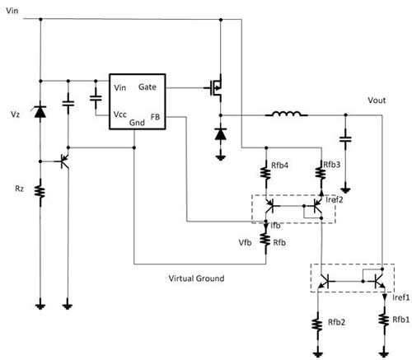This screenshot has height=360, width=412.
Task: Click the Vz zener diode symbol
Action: point(40,111)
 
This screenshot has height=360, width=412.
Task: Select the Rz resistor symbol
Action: point(40,192)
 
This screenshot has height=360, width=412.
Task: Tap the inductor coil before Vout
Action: point(286,114)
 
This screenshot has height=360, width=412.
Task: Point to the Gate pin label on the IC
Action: point(147,87)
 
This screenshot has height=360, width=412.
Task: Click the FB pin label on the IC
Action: point(155,117)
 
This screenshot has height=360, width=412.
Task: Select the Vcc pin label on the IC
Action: point(120,115)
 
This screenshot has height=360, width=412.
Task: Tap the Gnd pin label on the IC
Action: point(137,123)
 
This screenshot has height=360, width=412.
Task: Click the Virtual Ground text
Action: point(196,278)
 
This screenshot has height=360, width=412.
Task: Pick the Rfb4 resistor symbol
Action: point(265,172)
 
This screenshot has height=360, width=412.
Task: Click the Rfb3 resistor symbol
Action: point(321,172)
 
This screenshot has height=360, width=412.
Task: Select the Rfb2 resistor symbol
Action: point(317,325)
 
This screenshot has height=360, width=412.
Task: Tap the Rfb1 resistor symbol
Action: point(384,320)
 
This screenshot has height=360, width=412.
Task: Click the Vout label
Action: point(377,101)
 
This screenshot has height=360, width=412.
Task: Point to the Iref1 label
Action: point(401,297)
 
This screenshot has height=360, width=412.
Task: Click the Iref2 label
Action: point(335,199)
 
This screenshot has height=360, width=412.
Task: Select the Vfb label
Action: point(245,242)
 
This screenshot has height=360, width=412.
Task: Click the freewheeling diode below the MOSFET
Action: point(221,134)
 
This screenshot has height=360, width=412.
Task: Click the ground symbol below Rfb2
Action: point(317,354)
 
